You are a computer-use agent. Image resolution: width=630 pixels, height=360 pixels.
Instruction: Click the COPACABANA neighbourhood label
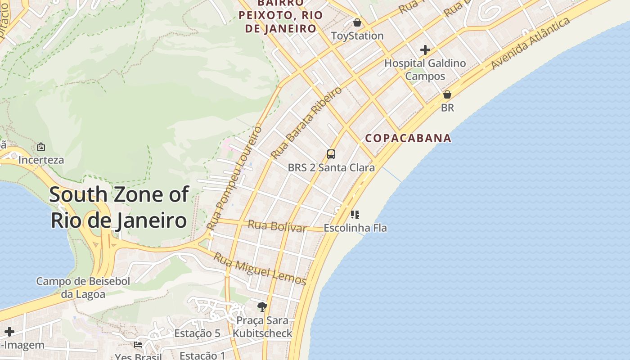tap(408, 138)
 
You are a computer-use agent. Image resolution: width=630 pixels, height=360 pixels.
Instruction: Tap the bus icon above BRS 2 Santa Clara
tap(331, 155)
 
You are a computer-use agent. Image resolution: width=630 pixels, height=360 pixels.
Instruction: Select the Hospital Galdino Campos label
tap(425, 70)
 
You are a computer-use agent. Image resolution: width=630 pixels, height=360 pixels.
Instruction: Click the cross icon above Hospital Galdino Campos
tap(425, 49)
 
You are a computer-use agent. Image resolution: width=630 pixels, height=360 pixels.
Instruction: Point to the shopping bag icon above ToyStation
tap(357, 22)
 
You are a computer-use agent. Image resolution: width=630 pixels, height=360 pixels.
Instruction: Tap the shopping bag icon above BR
tap(447, 94)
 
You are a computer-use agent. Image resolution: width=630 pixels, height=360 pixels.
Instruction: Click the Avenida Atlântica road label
tap(531, 43)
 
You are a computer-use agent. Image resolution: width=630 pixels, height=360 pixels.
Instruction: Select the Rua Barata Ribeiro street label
tap(306, 122)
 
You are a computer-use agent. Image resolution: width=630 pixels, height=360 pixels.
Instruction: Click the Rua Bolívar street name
tap(277, 226)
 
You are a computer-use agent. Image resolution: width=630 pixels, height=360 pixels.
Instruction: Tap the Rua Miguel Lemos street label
tap(260, 269)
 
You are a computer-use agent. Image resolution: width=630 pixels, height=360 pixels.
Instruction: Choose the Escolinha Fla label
tap(355, 228)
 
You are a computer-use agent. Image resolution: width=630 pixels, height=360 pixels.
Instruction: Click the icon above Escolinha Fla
tap(355, 214)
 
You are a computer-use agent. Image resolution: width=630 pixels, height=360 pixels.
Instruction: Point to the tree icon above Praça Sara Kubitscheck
tap(262, 307)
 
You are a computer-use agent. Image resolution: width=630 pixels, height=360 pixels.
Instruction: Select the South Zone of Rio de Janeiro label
tap(119, 207)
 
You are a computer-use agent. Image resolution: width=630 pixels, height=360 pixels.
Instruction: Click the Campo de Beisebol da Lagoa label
tap(83, 288)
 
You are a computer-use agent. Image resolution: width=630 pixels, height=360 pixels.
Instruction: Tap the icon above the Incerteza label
tap(41, 147)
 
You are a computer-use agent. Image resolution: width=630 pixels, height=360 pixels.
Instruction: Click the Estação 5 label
tap(197, 333)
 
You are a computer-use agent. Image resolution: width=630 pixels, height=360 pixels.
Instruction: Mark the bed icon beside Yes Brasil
tap(138, 345)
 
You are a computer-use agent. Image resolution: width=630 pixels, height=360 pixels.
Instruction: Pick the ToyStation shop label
tap(357, 36)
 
